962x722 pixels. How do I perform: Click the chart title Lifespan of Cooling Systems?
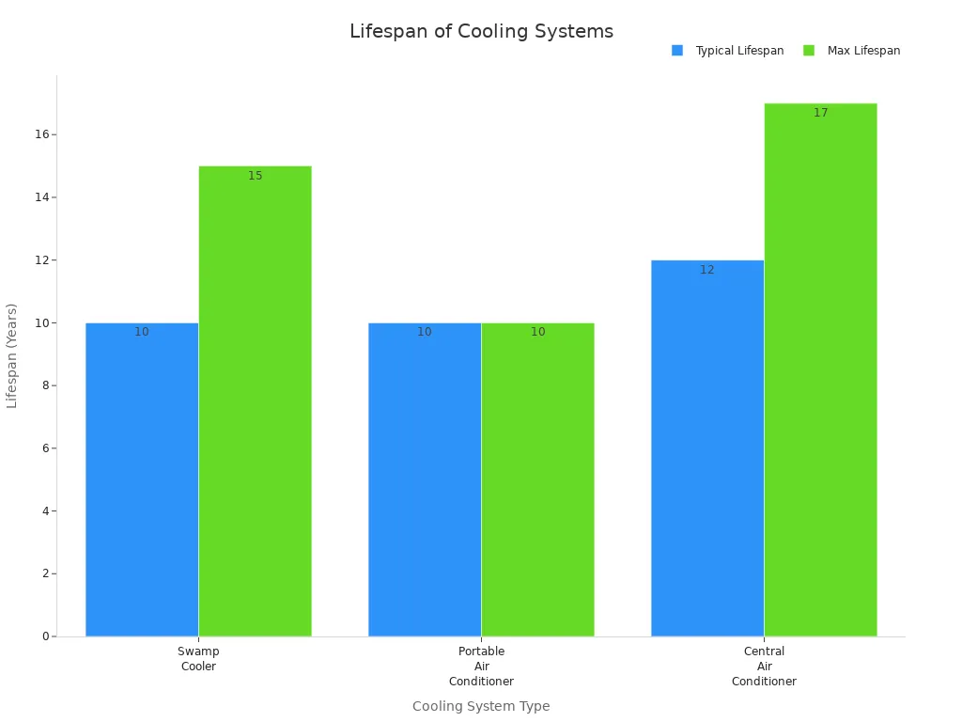tap(481, 31)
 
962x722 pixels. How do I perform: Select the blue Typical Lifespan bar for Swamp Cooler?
tap(142, 479)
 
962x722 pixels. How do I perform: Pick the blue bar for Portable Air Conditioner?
tap(425, 479)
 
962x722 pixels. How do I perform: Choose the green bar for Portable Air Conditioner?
tap(537, 479)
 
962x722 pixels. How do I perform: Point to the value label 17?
tap(821, 113)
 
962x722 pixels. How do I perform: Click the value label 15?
tap(256, 176)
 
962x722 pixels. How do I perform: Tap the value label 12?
tap(707, 270)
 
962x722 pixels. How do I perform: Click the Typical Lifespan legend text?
tap(739, 51)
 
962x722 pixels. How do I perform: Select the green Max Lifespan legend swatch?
tap(809, 51)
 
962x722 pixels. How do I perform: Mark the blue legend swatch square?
tap(677, 51)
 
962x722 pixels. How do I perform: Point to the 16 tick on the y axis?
tap(41, 134)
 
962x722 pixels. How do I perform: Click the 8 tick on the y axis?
tap(44, 385)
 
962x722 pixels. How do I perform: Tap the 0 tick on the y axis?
tap(44, 636)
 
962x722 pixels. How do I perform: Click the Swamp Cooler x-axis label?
tap(198, 659)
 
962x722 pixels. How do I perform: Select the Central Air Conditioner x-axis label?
tap(764, 667)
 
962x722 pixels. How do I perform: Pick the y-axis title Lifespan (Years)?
tap(12, 355)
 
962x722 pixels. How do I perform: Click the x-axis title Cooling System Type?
tap(481, 706)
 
